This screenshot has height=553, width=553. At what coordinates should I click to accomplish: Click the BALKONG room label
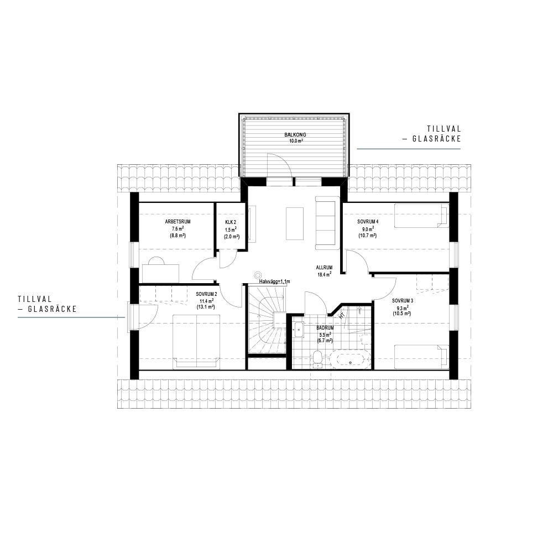[295, 135]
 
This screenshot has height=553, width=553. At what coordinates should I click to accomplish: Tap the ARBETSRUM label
[178, 222]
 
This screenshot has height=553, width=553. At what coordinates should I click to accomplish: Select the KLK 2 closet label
[231, 222]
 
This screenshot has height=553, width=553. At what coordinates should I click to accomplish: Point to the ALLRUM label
[324, 268]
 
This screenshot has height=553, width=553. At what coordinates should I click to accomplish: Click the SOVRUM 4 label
[368, 222]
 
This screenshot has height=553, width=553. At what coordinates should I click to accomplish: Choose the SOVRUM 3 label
[403, 301]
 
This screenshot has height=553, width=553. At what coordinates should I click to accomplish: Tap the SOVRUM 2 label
[206, 294]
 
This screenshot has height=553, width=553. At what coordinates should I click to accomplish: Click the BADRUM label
[325, 327]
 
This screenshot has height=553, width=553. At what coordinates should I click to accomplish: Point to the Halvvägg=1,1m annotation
[274, 281]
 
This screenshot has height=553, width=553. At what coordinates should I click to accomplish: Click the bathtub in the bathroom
[350, 360]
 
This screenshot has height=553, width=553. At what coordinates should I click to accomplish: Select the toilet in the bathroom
[317, 359]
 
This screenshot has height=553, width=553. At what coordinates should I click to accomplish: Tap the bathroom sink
[299, 330]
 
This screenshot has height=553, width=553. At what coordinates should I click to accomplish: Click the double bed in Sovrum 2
[196, 342]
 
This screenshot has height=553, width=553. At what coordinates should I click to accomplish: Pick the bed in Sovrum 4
[421, 216]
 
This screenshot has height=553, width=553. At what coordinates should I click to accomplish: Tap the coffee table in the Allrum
[295, 223]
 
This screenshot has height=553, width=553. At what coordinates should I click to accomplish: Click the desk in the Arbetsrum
[160, 273]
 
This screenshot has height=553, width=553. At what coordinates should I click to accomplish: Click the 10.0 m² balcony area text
[296, 140]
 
